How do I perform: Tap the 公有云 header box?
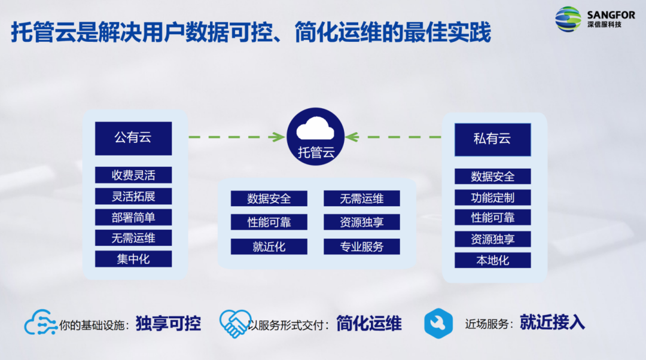(133, 138)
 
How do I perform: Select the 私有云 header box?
(493, 139)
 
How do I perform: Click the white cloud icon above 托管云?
(315, 129)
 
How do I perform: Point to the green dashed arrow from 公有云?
(237, 137)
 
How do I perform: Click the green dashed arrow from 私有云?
(393, 137)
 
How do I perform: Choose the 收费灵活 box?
(133, 175)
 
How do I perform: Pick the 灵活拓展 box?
(133, 197)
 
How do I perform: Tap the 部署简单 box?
(133, 218)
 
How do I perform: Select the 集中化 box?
(133, 259)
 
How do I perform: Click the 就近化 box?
(269, 247)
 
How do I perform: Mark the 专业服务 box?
(362, 247)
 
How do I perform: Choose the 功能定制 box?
(493, 198)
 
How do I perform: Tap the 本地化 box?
(493, 260)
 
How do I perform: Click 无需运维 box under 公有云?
(133, 238)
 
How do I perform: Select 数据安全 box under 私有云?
(493, 176)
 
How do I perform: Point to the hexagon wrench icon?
(438, 324)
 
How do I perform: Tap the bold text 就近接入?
(552, 322)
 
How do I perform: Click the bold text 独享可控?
(168, 324)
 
